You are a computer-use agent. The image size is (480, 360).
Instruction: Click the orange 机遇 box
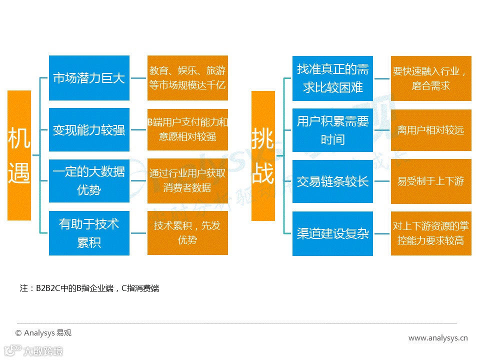coord(19,155)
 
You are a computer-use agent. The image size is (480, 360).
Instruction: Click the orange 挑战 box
coord(263,155)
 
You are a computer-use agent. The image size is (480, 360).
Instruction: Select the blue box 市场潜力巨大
coord(89,78)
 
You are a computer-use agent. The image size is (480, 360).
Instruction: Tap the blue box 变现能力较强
coord(89,129)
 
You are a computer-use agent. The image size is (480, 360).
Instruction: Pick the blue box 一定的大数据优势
coord(89,180)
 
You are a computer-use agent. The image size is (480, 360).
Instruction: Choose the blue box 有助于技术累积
coord(89,233)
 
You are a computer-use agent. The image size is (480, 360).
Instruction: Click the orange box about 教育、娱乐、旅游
coord(187,78)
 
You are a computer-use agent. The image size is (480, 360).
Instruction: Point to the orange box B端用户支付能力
coord(187,129)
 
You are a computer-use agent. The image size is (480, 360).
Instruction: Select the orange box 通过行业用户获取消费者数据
coord(187,180)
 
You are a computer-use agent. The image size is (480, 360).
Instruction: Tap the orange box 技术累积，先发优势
coord(187,233)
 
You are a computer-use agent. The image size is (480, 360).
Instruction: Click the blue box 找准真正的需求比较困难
coord(332,78)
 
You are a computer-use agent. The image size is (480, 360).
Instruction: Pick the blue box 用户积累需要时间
coord(332,129)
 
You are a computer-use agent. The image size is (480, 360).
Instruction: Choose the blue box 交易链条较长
coord(332,181)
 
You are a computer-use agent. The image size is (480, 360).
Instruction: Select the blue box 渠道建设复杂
coord(332,233)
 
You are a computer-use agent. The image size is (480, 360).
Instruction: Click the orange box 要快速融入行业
coord(431,78)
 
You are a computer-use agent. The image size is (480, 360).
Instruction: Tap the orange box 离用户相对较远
coord(431,130)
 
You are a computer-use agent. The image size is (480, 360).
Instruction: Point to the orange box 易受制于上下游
coord(431,181)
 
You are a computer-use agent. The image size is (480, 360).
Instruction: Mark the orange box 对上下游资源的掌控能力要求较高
coord(431,233)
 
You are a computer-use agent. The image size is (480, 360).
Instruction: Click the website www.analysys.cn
coord(438,338)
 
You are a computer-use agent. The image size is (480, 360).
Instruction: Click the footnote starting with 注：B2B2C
coord(89,288)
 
